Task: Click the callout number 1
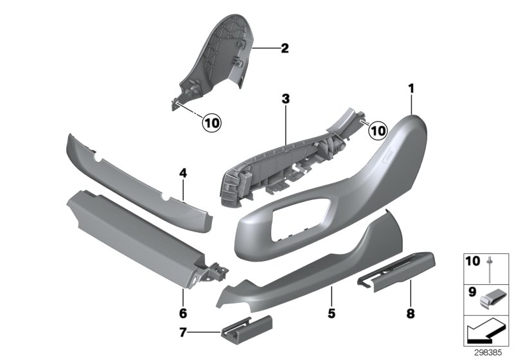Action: point(411,86)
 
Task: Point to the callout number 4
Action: point(183,173)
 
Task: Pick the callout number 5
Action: point(331,314)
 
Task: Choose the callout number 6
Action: point(183,314)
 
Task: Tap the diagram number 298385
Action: point(491,352)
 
